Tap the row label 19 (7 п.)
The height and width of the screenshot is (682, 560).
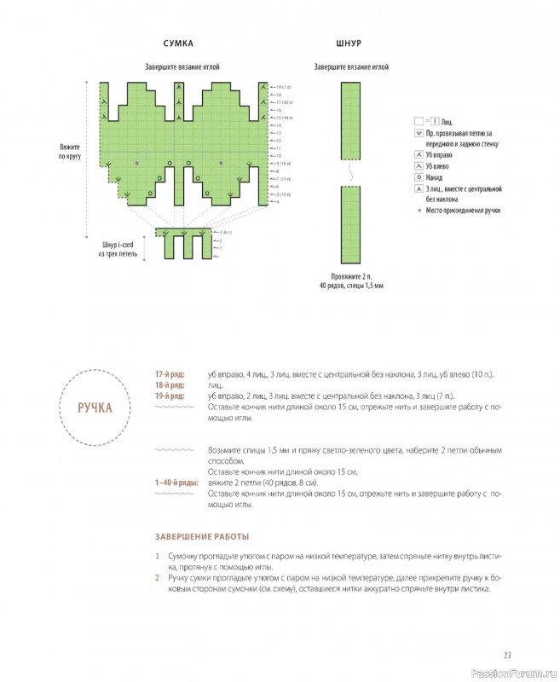pyautogui.click(x=283, y=87)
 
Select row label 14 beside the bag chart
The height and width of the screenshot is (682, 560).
pyautogui.click(x=278, y=125)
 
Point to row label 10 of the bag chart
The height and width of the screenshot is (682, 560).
pyautogui.click(x=278, y=156)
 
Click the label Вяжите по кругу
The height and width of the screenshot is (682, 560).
pyautogui.click(x=69, y=152)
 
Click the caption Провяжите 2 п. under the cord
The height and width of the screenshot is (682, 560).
pyautogui.click(x=351, y=276)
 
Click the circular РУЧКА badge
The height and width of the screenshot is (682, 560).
pyautogui.click(x=95, y=407)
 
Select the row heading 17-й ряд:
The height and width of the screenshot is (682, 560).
pyautogui.click(x=169, y=374)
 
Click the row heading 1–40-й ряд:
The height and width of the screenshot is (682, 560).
pyautogui.click(x=176, y=483)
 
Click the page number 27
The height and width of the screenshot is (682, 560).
pyautogui.click(x=507, y=655)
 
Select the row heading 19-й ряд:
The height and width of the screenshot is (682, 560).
pyautogui.click(x=169, y=396)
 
